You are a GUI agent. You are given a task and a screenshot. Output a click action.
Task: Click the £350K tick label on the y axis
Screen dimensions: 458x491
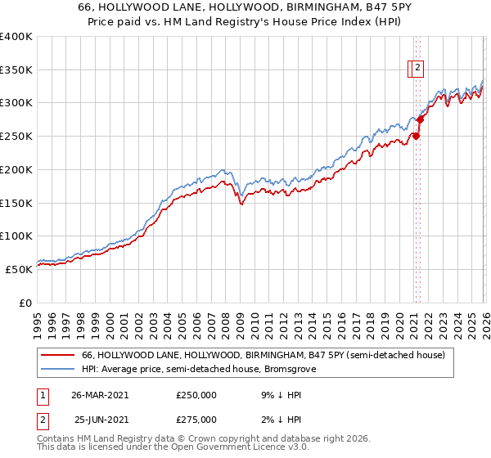[x=16, y=70]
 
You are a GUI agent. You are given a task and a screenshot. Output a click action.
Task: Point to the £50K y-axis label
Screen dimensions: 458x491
[x=19, y=268]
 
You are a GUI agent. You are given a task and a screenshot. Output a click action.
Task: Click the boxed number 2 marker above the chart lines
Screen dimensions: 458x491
[x=417, y=69]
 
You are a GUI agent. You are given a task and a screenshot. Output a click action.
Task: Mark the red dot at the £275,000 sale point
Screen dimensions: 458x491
[x=420, y=119]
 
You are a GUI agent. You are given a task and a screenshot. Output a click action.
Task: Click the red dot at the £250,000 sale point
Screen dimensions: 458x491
[x=416, y=137]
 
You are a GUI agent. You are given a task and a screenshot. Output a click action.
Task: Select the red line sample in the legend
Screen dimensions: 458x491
[x=58, y=356]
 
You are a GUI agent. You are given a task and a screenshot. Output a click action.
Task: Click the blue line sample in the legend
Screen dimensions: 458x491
[x=58, y=369]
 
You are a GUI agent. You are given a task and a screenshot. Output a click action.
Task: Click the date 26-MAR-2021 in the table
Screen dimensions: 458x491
[x=100, y=394]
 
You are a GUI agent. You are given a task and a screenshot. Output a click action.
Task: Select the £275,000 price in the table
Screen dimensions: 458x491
[x=196, y=420]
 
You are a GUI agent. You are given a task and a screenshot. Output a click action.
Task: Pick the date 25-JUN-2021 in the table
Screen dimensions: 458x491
[x=100, y=420]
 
